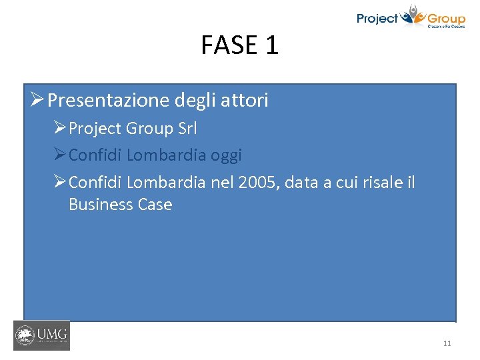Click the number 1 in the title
click(271, 45)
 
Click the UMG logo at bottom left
click(41, 335)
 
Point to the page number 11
click(447, 343)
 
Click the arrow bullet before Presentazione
click(37, 101)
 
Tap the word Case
click(154, 205)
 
